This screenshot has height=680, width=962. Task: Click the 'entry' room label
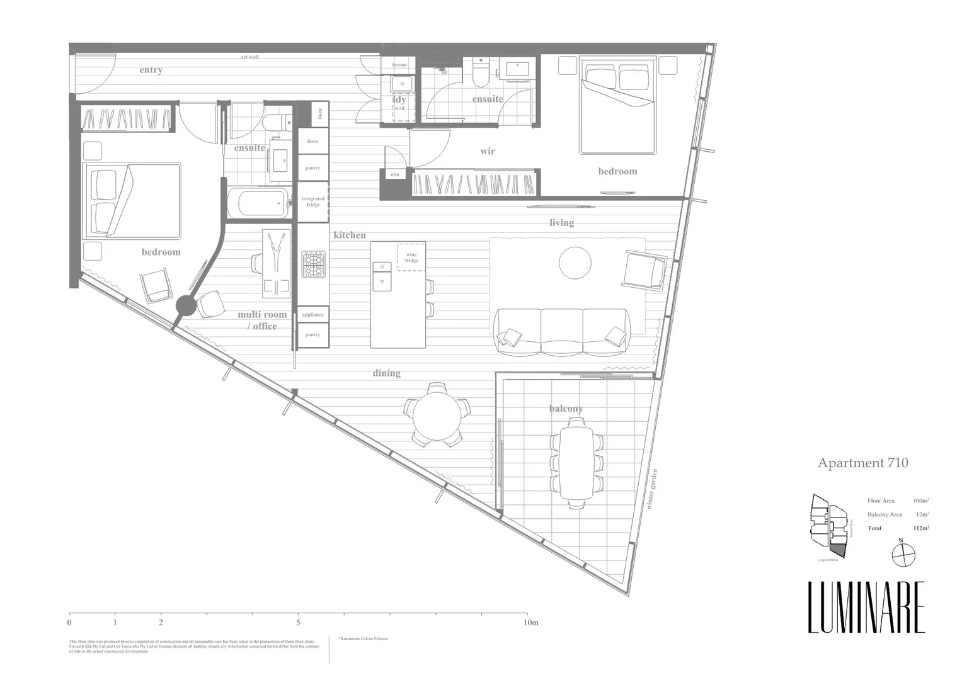(x=151, y=70)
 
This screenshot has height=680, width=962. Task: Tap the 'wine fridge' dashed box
(x=411, y=257)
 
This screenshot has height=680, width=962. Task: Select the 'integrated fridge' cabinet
(x=312, y=201)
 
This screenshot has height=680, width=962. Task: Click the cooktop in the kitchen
(x=313, y=264)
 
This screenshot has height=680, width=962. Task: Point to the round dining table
(x=437, y=413)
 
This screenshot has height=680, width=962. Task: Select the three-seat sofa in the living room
(x=561, y=331)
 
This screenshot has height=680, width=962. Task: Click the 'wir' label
(x=487, y=151)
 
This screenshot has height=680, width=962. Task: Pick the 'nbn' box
(x=395, y=174)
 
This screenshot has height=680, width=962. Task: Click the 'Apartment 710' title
(x=862, y=463)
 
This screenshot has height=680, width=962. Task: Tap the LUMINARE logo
(x=866, y=608)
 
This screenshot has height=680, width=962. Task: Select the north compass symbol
(x=903, y=555)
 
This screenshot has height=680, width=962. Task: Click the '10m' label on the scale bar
(x=531, y=623)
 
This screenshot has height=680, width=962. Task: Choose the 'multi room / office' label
(x=262, y=320)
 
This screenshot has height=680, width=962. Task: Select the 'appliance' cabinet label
(x=312, y=315)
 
